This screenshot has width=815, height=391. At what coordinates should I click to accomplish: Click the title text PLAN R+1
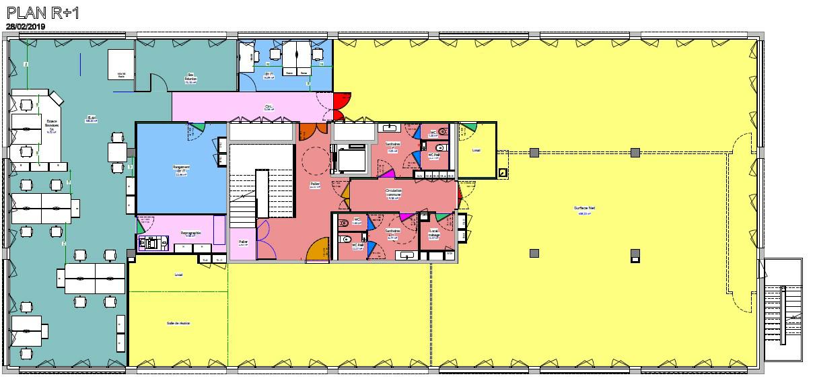42,12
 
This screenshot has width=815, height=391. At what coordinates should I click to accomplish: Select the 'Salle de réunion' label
178,323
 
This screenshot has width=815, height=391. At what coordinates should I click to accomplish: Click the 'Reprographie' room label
190,234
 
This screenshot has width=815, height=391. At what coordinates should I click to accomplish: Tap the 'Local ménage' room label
434,233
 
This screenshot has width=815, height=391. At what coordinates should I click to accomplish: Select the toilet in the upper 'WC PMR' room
440,147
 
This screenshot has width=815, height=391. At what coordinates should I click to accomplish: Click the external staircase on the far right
783,306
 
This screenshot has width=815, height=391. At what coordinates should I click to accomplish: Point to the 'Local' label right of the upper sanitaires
476,151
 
